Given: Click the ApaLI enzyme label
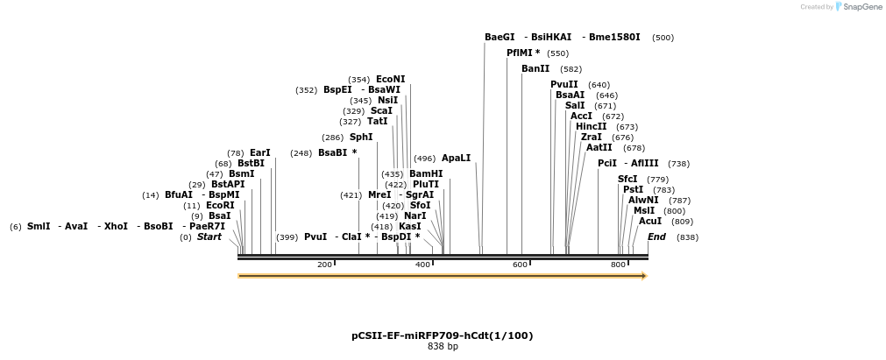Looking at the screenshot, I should [x=456, y=159].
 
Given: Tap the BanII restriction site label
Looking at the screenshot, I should [x=535, y=68].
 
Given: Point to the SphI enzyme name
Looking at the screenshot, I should [x=361, y=138].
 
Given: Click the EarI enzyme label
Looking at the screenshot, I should [x=260, y=152].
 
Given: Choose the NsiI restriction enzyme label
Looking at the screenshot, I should [x=387, y=101].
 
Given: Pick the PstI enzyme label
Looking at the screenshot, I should [x=633, y=190].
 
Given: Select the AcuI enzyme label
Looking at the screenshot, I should [x=649, y=222].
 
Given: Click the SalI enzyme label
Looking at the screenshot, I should [x=575, y=106].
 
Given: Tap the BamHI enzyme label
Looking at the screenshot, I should [x=426, y=174].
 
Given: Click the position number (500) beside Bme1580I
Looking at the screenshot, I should [x=663, y=38].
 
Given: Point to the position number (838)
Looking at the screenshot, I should [x=687, y=237].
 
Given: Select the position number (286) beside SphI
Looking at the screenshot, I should [x=333, y=138].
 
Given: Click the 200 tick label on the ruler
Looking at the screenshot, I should [x=324, y=265].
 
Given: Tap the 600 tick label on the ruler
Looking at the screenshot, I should [x=520, y=265].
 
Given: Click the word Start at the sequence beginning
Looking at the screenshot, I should [x=209, y=237].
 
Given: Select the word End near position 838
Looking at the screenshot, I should [x=656, y=237].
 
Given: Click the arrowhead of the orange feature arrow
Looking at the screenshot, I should [x=643, y=276].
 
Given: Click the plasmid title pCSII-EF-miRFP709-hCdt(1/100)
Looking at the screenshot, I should [x=442, y=335].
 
